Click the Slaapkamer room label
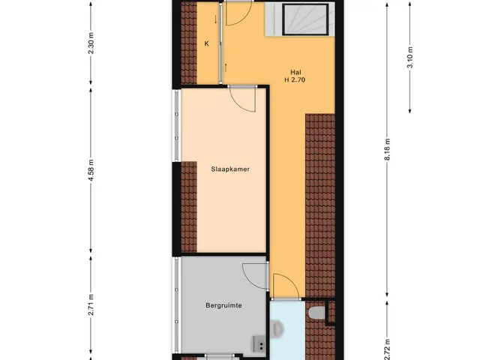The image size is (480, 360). pyautogui.click(x=230, y=169)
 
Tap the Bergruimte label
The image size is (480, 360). pyautogui.click(x=223, y=305)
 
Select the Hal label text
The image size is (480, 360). pyautogui.click(x=295, y=72)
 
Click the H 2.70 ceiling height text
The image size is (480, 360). pyautogui.click(x=295, y=80)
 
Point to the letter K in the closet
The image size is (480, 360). pyautogui.click(x=207, y=43)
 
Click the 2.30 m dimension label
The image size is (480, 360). pyautogui.click(x=91, y=43)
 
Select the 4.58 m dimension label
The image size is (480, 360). pyautogui.click(x=91, y=170)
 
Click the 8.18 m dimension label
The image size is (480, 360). pyautogui.click(x=388, y=150)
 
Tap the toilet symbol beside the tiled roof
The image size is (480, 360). pyautogui.click(x=316, y=313)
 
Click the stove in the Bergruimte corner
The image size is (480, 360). pyautogui.click(x=259, y=343)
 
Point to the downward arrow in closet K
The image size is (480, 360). pyautogui.click(x=215, y=19)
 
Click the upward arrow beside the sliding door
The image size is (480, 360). pyautogui.click(x=226, y=67)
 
